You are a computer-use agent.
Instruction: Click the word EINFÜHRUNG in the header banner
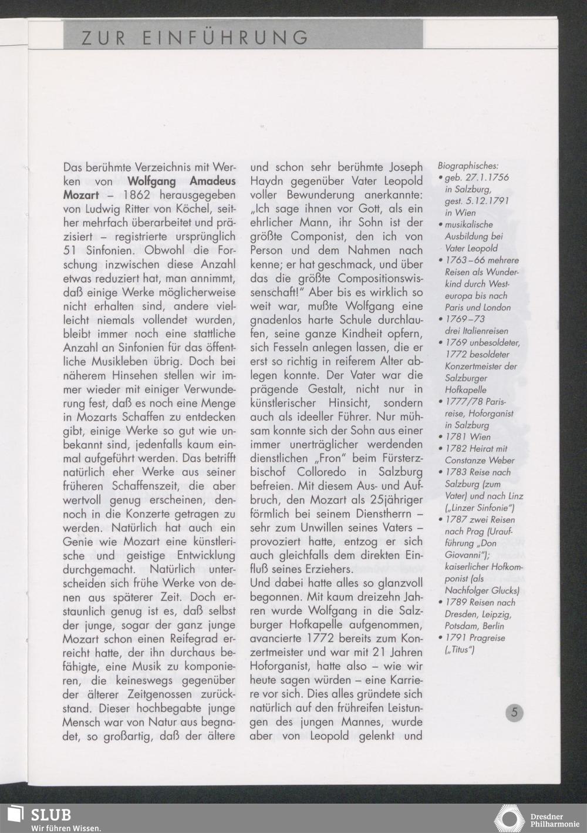point(227,38)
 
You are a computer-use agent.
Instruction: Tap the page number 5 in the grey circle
point(514,713)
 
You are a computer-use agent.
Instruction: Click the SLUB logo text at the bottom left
point(50,815)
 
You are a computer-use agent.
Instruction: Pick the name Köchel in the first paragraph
point(200,209)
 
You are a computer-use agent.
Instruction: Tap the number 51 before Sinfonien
point(70,250)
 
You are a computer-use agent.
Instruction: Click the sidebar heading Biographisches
point(468,166)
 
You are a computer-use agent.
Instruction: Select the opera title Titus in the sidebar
point(463,650)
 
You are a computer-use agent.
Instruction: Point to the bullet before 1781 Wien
point(441,437)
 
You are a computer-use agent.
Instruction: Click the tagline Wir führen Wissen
point(66,828)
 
